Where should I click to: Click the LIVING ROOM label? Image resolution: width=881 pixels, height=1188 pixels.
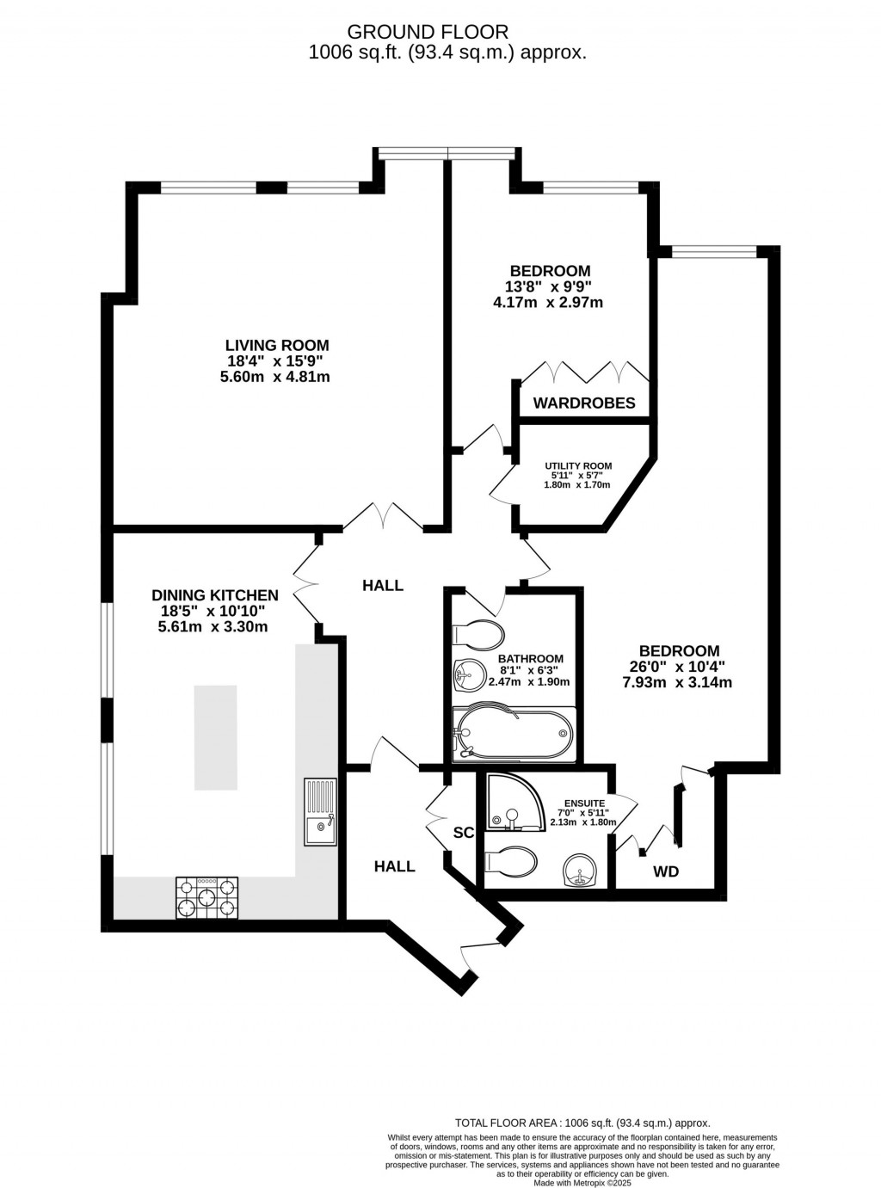(x=276, y=345)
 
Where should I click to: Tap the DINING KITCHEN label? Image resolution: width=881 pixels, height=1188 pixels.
(x=215, y=595)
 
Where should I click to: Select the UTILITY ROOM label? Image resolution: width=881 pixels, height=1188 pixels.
(x=578, y=466)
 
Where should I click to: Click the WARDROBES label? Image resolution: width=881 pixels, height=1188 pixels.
(x=584, y=403)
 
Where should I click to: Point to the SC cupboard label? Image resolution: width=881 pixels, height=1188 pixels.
(x=464, y=833)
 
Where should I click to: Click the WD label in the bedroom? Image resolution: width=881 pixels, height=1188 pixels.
(x=666, y=871)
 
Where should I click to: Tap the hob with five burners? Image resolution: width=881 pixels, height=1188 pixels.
(x=206, y=897)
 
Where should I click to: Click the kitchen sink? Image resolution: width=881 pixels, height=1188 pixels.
(x=320, y=812)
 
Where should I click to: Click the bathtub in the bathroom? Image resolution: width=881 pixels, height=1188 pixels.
(x=514, y=734)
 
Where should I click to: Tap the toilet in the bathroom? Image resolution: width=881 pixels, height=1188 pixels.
(x=478, y=635)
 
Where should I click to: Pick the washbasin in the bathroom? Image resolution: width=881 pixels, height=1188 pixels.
(x=470, y=676)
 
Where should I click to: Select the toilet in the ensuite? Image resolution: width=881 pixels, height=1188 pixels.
(x=510, y=862)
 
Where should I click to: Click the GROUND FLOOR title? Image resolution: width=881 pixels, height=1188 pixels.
(x=428, y=32)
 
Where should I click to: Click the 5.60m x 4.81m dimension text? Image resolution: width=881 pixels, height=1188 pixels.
(x=275, y=377)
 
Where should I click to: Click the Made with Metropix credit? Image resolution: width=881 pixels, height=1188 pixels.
(x=582, y=1178)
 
